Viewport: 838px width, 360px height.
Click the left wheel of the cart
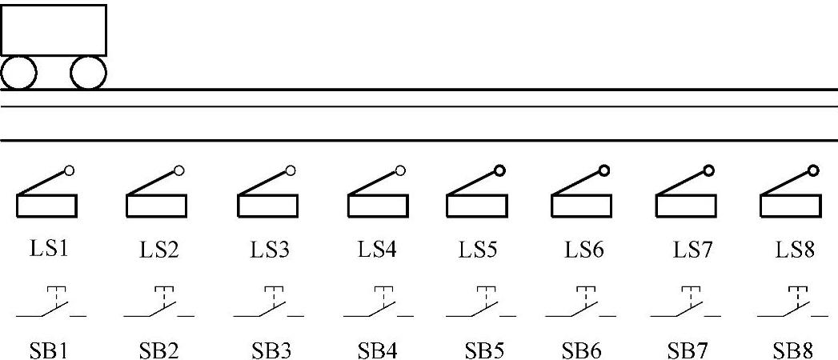coord(19,74)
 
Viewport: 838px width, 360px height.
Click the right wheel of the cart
coord(88,74)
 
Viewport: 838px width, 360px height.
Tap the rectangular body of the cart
coord(54,30)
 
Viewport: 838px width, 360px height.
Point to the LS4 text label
coord(378,250)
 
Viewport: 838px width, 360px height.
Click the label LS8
coord(795,250)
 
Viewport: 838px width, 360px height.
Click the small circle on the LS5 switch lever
coord(499,170)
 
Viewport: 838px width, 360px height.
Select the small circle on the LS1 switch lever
coord(69,170)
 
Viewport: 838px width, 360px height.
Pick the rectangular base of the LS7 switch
coord(686,206)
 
